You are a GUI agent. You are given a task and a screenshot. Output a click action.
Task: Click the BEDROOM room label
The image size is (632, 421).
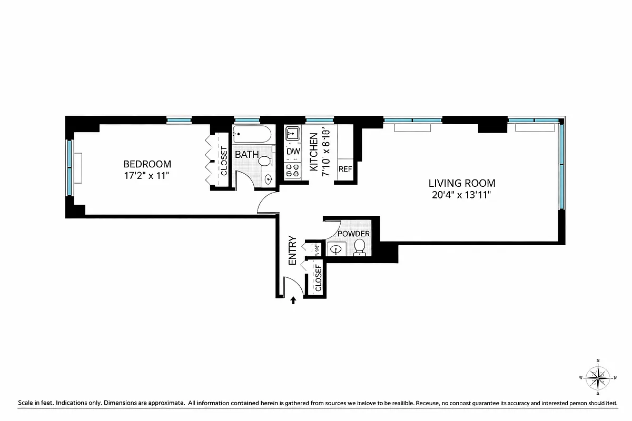[147, 164]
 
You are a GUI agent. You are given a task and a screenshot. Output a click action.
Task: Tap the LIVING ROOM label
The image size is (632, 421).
[461, 184]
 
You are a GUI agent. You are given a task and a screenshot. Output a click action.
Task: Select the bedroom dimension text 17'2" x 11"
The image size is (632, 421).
[147, 176]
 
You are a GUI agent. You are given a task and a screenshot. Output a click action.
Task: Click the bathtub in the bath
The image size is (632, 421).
[252, 135]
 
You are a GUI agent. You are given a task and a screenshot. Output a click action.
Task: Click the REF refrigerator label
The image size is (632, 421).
[345, 169]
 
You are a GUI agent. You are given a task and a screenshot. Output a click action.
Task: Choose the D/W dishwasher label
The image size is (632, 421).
[292, 152]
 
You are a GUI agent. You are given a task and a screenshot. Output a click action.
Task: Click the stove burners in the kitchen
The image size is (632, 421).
[292, 170]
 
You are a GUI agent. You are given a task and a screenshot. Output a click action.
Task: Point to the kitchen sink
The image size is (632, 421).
[292, 134]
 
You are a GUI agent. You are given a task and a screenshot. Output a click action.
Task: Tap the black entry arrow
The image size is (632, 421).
[293, 300]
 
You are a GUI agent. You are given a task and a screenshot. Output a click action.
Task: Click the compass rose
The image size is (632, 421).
[598, 377]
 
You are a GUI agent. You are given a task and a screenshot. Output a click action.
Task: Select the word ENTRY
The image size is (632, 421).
[293, 249]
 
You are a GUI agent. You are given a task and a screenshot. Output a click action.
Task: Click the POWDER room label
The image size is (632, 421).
[353, 234]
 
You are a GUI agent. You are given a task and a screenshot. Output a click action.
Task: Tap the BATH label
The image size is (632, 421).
[246, 155]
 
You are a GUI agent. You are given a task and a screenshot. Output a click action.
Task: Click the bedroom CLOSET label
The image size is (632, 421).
[223, 161]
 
